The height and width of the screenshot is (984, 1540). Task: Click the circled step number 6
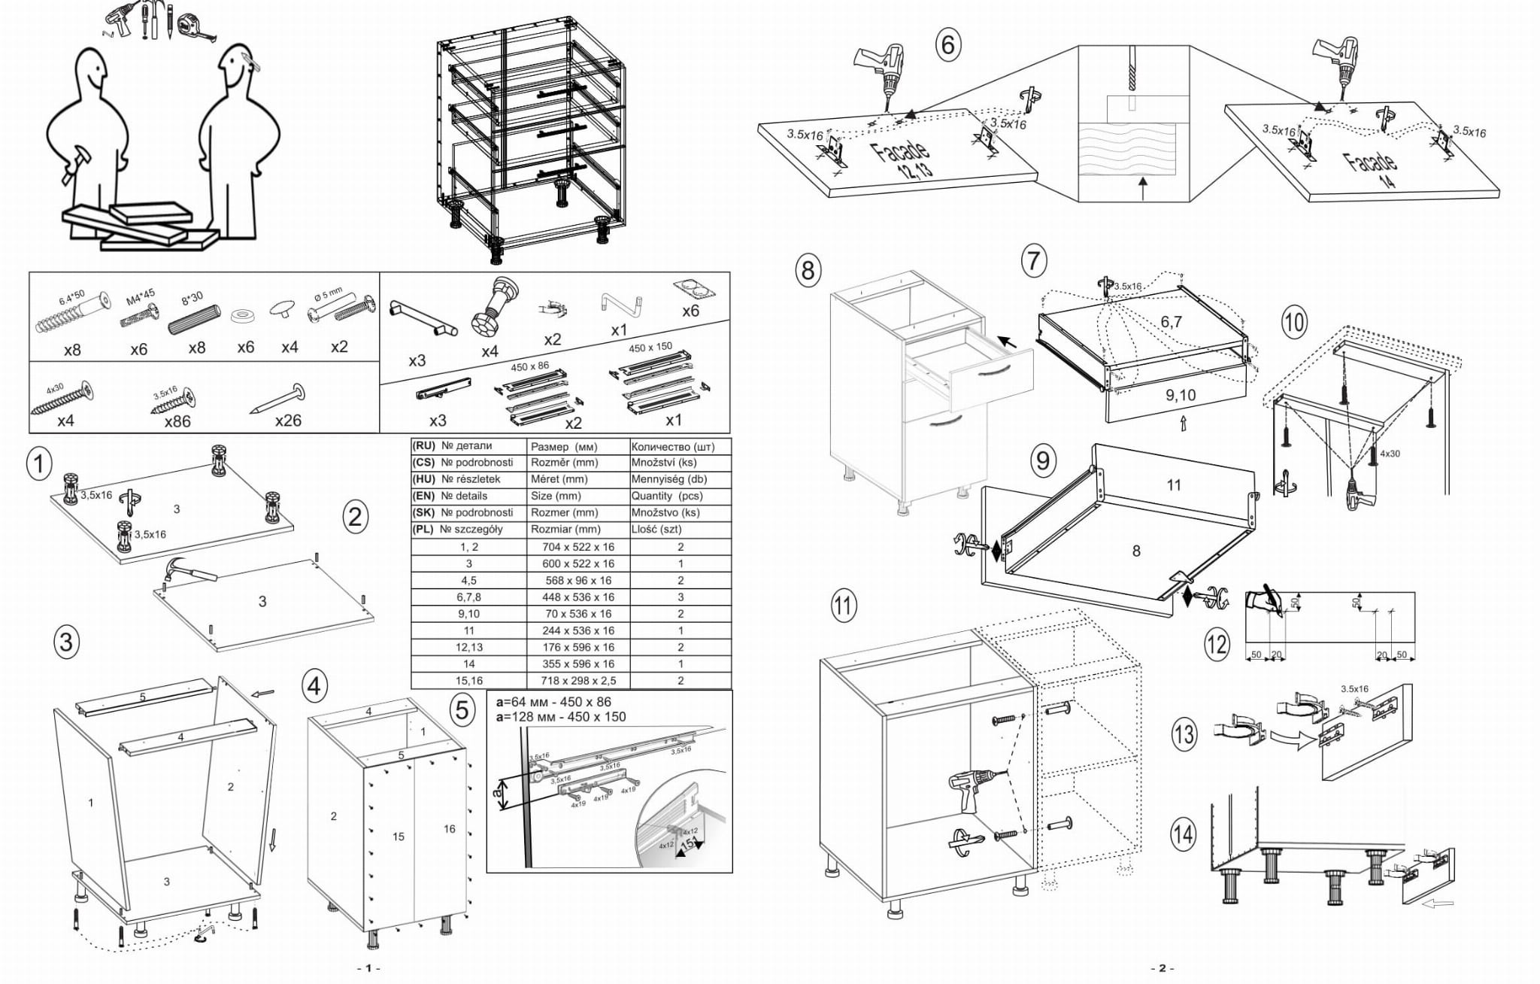[x=948, y=44]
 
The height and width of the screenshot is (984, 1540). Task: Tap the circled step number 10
[x=1293, y=323]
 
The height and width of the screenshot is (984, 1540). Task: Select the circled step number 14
[x=1183, y=834]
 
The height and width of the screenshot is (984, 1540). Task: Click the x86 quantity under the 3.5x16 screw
[x=177, y=421]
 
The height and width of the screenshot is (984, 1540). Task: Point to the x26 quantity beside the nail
[x=288, y=421]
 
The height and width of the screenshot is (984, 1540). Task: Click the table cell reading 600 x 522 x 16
[x=577, y=563]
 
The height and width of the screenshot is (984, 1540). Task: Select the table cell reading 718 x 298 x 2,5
[x=577, y=680]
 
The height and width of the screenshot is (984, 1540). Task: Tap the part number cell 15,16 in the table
[x=468, y=680]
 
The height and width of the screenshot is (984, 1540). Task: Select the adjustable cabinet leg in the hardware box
[x=495, y=305]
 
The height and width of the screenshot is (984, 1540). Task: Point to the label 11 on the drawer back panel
[x=1174, y=485]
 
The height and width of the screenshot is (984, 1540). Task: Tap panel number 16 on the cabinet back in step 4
[x=449, y=828]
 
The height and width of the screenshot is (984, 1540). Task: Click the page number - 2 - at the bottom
[x=1162, y=968]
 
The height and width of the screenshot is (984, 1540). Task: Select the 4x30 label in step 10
[x=1390, y=454]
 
